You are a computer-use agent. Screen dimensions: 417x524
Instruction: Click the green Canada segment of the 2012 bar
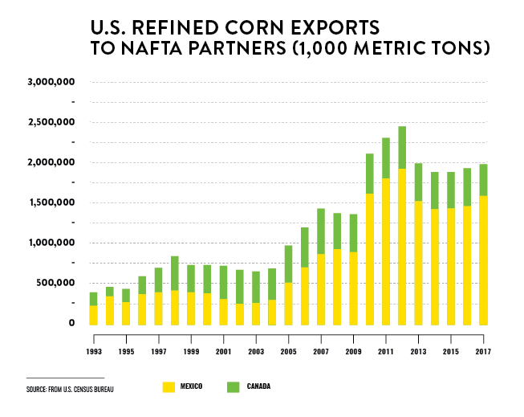click(x=402, y=147)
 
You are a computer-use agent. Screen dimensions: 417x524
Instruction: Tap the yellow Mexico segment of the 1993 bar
click(x=94, y=315)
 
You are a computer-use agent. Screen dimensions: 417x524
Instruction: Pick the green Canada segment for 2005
click(x=288, y=264)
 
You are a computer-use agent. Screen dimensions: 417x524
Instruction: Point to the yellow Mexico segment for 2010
click(x=370, y=259)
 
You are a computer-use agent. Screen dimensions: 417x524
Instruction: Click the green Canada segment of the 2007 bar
click(x=321, y=231)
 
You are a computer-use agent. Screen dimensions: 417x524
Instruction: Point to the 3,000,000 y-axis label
click(x=51, y=82)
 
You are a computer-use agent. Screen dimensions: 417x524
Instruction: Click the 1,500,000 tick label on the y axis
click(x=51, y=202)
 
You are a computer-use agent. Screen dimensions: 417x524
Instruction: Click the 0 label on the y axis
click(x=72, y=323)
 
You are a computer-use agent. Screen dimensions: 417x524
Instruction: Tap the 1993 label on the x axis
click(x=93, y=351)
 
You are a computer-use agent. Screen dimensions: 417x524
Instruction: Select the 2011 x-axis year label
click(x=385, y=351)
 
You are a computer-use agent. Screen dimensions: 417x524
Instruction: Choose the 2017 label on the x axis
click(x=482, y=351)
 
